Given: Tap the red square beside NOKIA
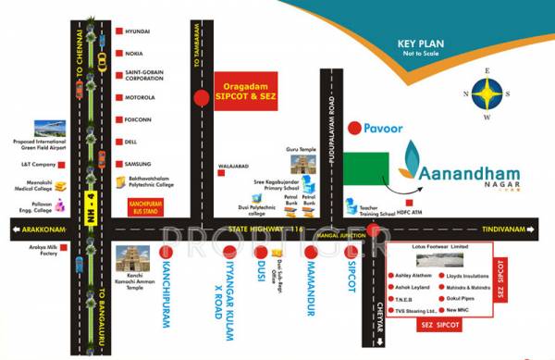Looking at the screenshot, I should (x=119, y=54).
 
